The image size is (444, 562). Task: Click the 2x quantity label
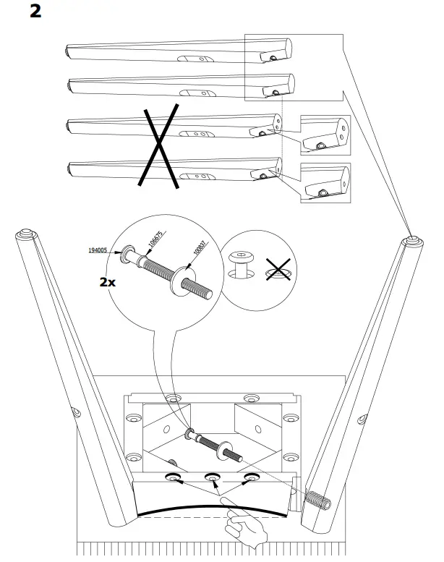[x=107, y=281]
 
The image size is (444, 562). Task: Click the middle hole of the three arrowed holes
[x=213, y=477]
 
